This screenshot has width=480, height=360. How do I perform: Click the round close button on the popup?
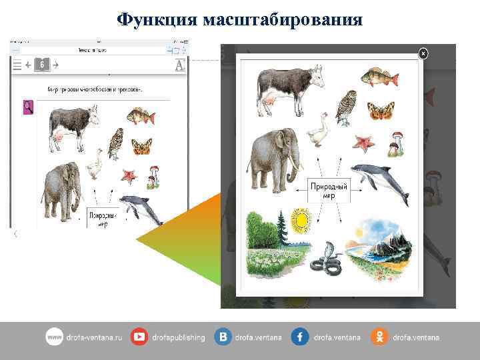(423, 53)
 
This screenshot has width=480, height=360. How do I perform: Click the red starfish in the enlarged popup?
(363, 143)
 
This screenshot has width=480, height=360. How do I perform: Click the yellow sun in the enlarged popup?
(301, 220)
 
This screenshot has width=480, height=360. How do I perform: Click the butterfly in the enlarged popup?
(381, 110)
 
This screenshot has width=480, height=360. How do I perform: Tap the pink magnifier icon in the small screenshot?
(28, 106)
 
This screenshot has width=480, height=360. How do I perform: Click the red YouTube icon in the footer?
(139, 337)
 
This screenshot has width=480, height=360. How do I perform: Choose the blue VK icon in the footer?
(223, 337)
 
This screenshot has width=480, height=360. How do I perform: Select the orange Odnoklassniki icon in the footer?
(379, 337)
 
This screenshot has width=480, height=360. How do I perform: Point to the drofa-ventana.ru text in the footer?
(93, 338)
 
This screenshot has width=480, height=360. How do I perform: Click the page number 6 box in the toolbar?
(41, 65)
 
